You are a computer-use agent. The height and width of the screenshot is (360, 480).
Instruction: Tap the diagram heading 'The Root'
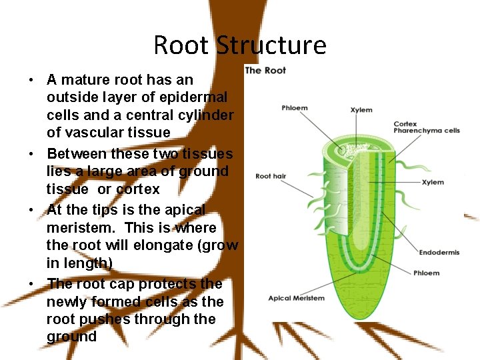(x=265, y=70)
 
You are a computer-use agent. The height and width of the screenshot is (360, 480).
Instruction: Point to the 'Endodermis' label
(x=439, y=252)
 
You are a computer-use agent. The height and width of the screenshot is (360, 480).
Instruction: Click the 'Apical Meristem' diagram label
(x=296, y=298)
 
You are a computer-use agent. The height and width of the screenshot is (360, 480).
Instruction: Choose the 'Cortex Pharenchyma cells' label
(x=426, y=127)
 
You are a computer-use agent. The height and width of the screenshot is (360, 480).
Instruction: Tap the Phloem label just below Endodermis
(x=426, y=273)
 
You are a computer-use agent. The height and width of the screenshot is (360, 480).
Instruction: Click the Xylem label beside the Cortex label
(x=361, y=110)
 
